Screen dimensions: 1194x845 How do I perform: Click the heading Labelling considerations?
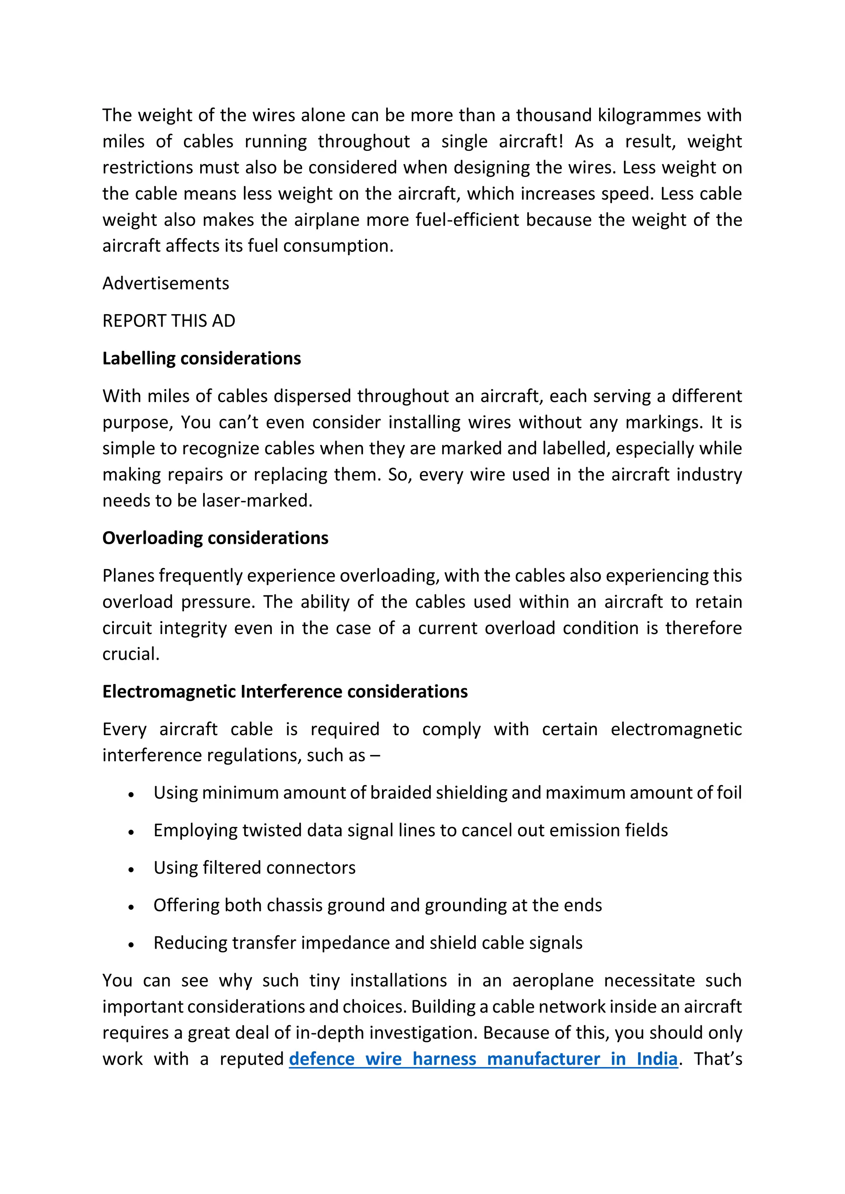(201, 359)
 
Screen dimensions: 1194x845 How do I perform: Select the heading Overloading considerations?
(215, 538)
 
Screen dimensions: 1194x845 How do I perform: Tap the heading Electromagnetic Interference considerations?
(285, 692)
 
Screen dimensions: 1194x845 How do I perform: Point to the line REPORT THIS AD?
(169, 321)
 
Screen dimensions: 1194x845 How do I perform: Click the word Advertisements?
(165, 283)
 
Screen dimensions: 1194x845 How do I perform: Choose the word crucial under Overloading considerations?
(130, 654)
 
